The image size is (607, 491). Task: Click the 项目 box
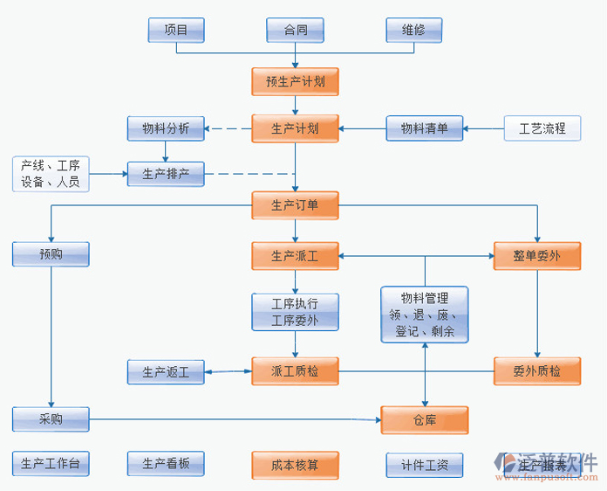[176, 30]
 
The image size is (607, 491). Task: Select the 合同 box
[296, 30]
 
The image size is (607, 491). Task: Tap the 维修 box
[413, 30]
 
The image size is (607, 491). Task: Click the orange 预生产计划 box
[295, 82]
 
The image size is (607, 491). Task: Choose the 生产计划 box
[295, 129]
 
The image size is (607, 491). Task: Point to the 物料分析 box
[166, 129]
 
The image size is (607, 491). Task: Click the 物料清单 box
[425, 129]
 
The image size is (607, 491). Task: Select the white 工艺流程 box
[542, 129]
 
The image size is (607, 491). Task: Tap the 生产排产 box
[166, 175]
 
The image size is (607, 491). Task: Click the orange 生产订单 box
[295, 206]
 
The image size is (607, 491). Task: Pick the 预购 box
[51, 255]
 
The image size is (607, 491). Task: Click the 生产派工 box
[295, 256]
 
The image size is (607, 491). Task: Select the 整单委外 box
[537, 256]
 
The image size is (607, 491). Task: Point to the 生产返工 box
[166, 372]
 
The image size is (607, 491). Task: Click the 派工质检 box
[295, 372]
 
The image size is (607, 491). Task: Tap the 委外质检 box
[537, 372]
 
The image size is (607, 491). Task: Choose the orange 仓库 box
[425, 420]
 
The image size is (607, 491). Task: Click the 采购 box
[51, 419]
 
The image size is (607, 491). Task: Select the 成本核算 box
[295, 465]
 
